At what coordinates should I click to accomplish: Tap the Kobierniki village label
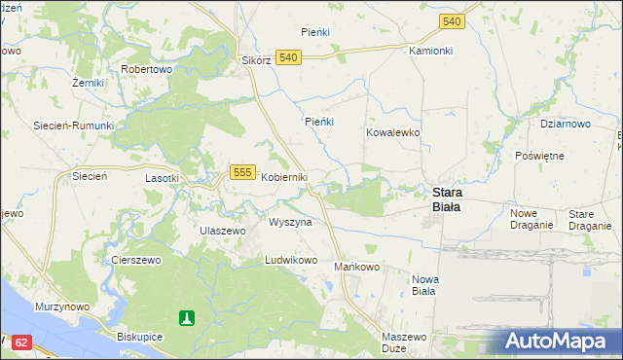coord(284,177)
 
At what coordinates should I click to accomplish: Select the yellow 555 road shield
coord(243,172)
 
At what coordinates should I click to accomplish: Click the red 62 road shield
coord(23,342)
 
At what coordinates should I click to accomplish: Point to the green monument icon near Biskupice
coord(187,317)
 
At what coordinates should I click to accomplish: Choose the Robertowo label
coord(146,70)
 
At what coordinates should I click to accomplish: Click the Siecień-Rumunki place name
coord(74,126)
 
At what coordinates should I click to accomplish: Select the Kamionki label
coord(431,50)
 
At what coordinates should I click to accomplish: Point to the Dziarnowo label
coord(566,124)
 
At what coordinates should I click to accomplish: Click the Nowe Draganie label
coord(531,219)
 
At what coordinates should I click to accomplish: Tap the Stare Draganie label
coord(589,219)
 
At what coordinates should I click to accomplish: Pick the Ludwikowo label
coord(291,261)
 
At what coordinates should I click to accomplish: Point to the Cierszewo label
coord(135,261)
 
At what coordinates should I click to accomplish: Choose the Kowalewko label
coord(392,131)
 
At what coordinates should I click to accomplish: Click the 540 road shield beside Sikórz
coord(287,57)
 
